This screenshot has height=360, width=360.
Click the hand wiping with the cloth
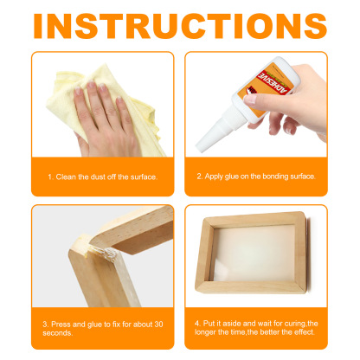pos(108,112)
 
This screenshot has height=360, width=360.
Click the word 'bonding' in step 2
pos(275,177)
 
